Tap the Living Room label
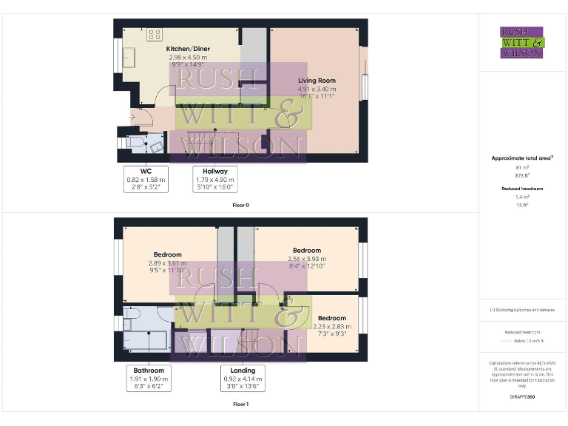click(x=317, y=81)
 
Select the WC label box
click(x=146, y=179)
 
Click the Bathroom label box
click(x=149, y=378)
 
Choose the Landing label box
click(x=243, y=378)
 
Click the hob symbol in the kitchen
click(x=155, y=33)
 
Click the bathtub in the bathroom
click(x=151, y=341)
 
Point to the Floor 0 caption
click(x=240, y=205)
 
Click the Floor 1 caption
click(x=240, y=405)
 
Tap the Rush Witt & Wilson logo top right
click(x=522, y=42)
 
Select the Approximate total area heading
click(x=521, y=158)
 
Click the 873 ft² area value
click(x=521, y=175)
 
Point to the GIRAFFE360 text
click(x=521, y=397)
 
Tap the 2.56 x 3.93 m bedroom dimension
click(x=306, y=258)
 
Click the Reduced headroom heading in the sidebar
click(x=521, y=189)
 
